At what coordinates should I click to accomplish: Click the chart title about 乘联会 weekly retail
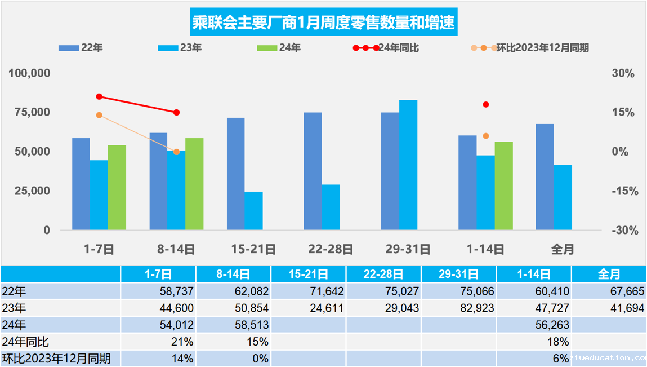[x=324, y=24]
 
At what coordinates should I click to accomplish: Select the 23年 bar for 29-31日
[x=408, y=165]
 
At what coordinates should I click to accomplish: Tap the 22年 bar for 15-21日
[x=236, y=174]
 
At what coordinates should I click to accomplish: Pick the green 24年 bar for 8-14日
[x=194, y=184]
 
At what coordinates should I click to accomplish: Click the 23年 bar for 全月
[x=563, y=197]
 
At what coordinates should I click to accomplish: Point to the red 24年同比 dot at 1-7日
[x=99, y=96]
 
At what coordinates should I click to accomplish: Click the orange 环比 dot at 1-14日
[x=486, y=136]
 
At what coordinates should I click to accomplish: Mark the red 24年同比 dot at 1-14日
[x=486, y=104]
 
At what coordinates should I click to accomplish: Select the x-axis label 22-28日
[x=331, y=249]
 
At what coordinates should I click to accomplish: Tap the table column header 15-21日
[x=308, y=275]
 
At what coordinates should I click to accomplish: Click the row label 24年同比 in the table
[x=26, y=342]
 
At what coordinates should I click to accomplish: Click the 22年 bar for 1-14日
[x=467, y=183]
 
